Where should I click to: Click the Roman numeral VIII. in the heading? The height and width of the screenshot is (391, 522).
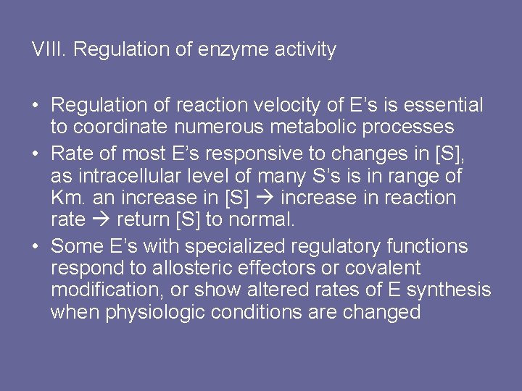click(x=49, y=50)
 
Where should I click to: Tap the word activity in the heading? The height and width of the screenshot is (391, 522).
click(x=306, y=50)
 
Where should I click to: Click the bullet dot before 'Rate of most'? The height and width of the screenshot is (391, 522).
click(x=36, y=154)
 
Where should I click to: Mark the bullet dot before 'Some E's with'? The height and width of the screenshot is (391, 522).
click(x=36, y=246)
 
